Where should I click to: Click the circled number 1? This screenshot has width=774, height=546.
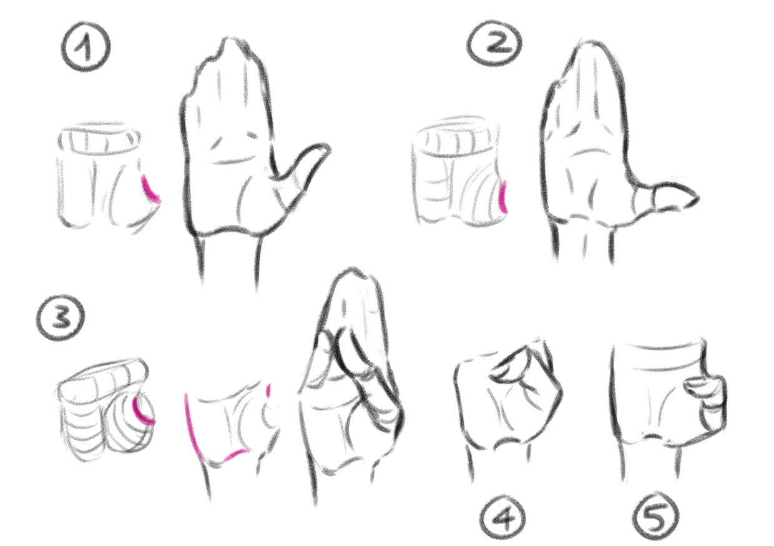(x=86, y=47)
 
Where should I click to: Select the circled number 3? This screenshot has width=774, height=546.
(x=61, y=317)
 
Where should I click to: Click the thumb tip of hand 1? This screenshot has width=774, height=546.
(x=325, y=148)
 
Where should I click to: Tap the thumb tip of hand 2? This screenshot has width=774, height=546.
(x=695, y=198)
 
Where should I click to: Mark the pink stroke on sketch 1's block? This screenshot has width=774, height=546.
(x=150, y=190)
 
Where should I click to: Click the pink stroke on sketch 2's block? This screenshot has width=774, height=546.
(x=504, y=196)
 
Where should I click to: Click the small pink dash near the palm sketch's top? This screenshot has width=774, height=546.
(x=268, y=390)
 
